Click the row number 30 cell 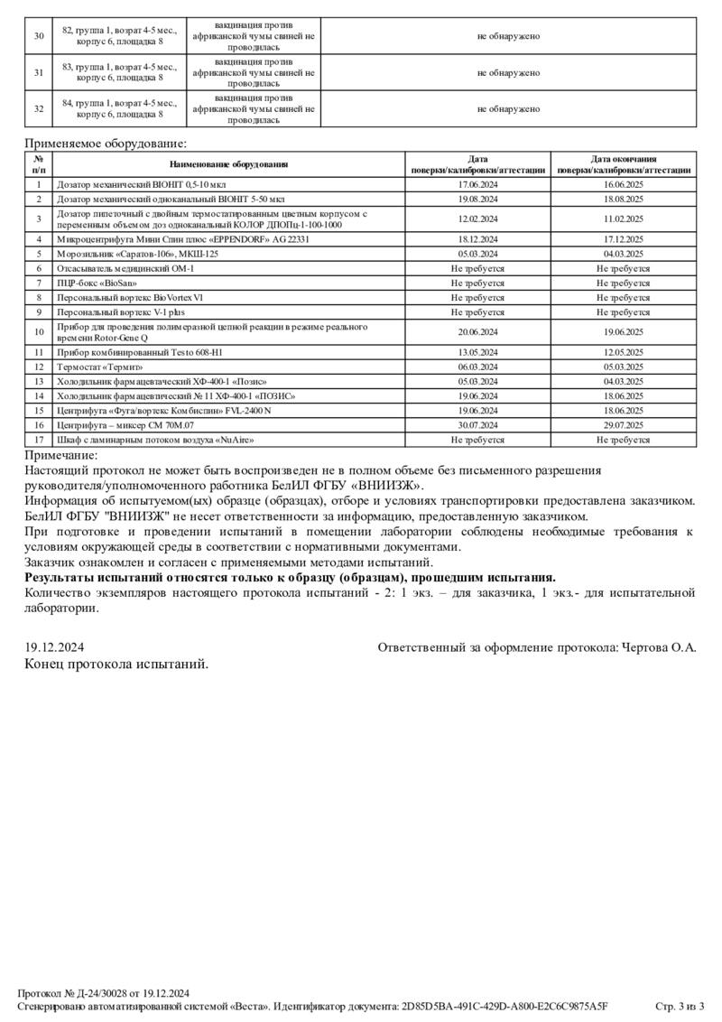coord(39,36)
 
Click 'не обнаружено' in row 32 coord(508,109)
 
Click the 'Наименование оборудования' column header coord(229,164)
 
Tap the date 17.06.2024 coord(478,184)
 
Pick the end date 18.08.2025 coord(623,199)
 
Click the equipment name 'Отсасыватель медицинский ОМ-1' coord(125,269)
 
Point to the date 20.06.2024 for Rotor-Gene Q coord(478,331)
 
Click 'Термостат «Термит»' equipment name coord(100,367)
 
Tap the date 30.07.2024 coord(478,425)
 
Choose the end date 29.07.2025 coord(623,425)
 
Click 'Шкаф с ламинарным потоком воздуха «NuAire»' coord(155,441)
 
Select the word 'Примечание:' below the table coord(61,456)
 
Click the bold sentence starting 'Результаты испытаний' coord(290,578)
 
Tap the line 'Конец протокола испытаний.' coord(116,664)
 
